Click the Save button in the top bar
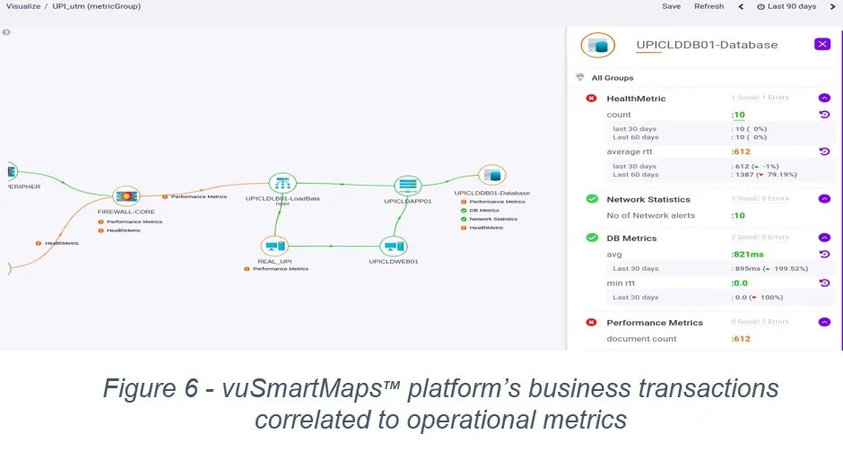click(x=671, y=6)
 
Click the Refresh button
click(x=708, y=6)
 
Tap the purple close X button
click(x=822, y=44)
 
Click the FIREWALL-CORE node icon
click(x=126, y=196)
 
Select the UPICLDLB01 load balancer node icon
click(x=282, y=183)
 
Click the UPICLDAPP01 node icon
click(x=408, y=185)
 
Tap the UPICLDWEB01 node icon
click(x=394, y=247)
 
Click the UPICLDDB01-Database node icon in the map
click(x=491, y=176)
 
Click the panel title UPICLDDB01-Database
click(x=707, y=45)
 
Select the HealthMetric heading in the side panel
click(x=636, y=99)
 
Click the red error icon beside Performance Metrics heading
click(x=591, y=323)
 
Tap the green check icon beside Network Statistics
click(x=591, y=199)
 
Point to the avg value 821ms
click(x=748, y=254)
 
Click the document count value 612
click(x=741, y=339)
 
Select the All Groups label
click(x=612, y=78)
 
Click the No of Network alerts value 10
click(x=738, y=215)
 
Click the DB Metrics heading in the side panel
click(x=631, y=239)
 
